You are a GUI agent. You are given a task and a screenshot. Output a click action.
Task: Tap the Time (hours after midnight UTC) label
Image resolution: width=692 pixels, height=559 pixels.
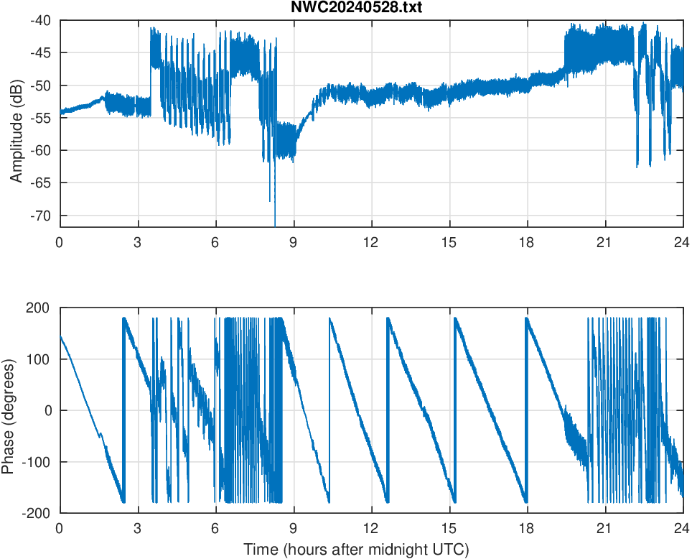pos(356,550)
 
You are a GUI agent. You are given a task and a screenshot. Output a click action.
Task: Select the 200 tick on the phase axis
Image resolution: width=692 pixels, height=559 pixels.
pos(40,308)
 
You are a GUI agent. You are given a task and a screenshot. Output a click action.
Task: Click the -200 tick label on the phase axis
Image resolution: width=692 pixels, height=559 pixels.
pos(37,513)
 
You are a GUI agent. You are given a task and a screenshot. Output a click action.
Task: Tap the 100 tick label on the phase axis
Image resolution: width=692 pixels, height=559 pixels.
pos(40,359)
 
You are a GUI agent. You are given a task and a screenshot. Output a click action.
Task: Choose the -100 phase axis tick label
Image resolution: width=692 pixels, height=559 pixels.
pos(37,462)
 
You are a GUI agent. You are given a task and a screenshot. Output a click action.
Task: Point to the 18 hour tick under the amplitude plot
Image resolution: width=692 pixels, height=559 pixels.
pos(527,242)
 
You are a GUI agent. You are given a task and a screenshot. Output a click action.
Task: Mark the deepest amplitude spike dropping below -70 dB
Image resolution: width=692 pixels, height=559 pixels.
pos(275,223)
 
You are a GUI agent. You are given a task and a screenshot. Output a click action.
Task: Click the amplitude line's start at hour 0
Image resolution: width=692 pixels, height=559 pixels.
pos(60,111)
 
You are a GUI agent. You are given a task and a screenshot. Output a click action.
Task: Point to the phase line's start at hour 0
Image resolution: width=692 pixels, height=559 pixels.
pos(60,336)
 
